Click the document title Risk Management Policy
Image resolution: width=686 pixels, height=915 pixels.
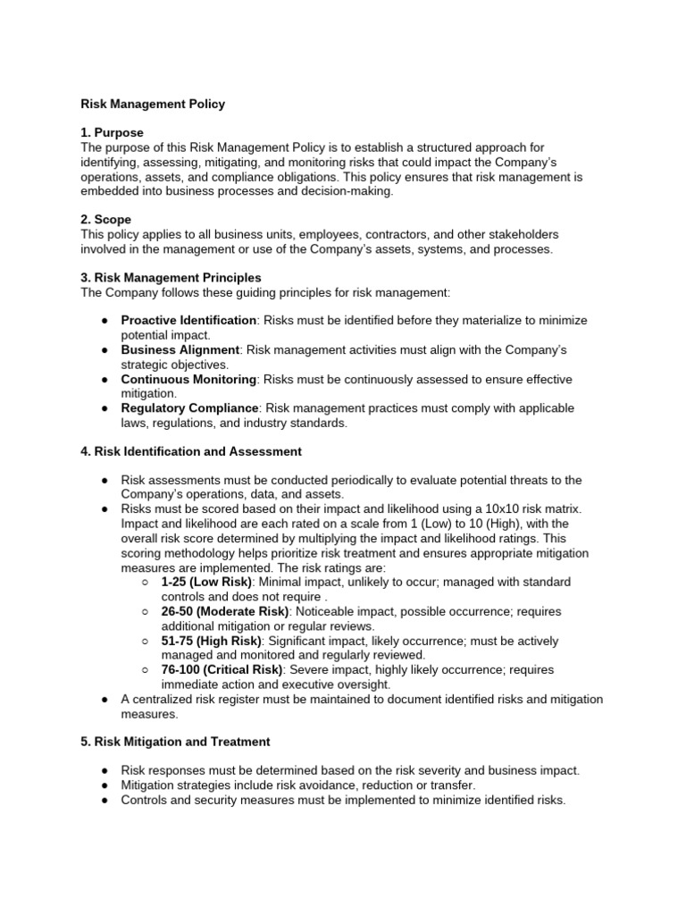click(x=153, y=104)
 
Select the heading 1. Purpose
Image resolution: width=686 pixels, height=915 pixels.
click(x=112, y=132)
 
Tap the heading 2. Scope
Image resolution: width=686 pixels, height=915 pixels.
click(x=106, y=220)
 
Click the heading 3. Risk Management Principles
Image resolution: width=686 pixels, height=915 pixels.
click(x=171, y=278)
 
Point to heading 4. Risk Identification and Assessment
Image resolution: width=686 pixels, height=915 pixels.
click(x=191, y=451)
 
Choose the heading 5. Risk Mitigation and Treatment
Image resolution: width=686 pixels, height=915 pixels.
click(x=175, y=742)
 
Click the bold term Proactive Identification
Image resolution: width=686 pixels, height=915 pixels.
click(x=188, y=321)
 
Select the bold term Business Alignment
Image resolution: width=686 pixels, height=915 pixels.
click(x=180, y=349)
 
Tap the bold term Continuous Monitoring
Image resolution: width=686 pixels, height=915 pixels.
click(x=189, y=379)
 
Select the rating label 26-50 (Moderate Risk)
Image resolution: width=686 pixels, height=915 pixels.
click(x=225, y=612)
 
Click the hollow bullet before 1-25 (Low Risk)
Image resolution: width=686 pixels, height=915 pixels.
click(x=145, y=583)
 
